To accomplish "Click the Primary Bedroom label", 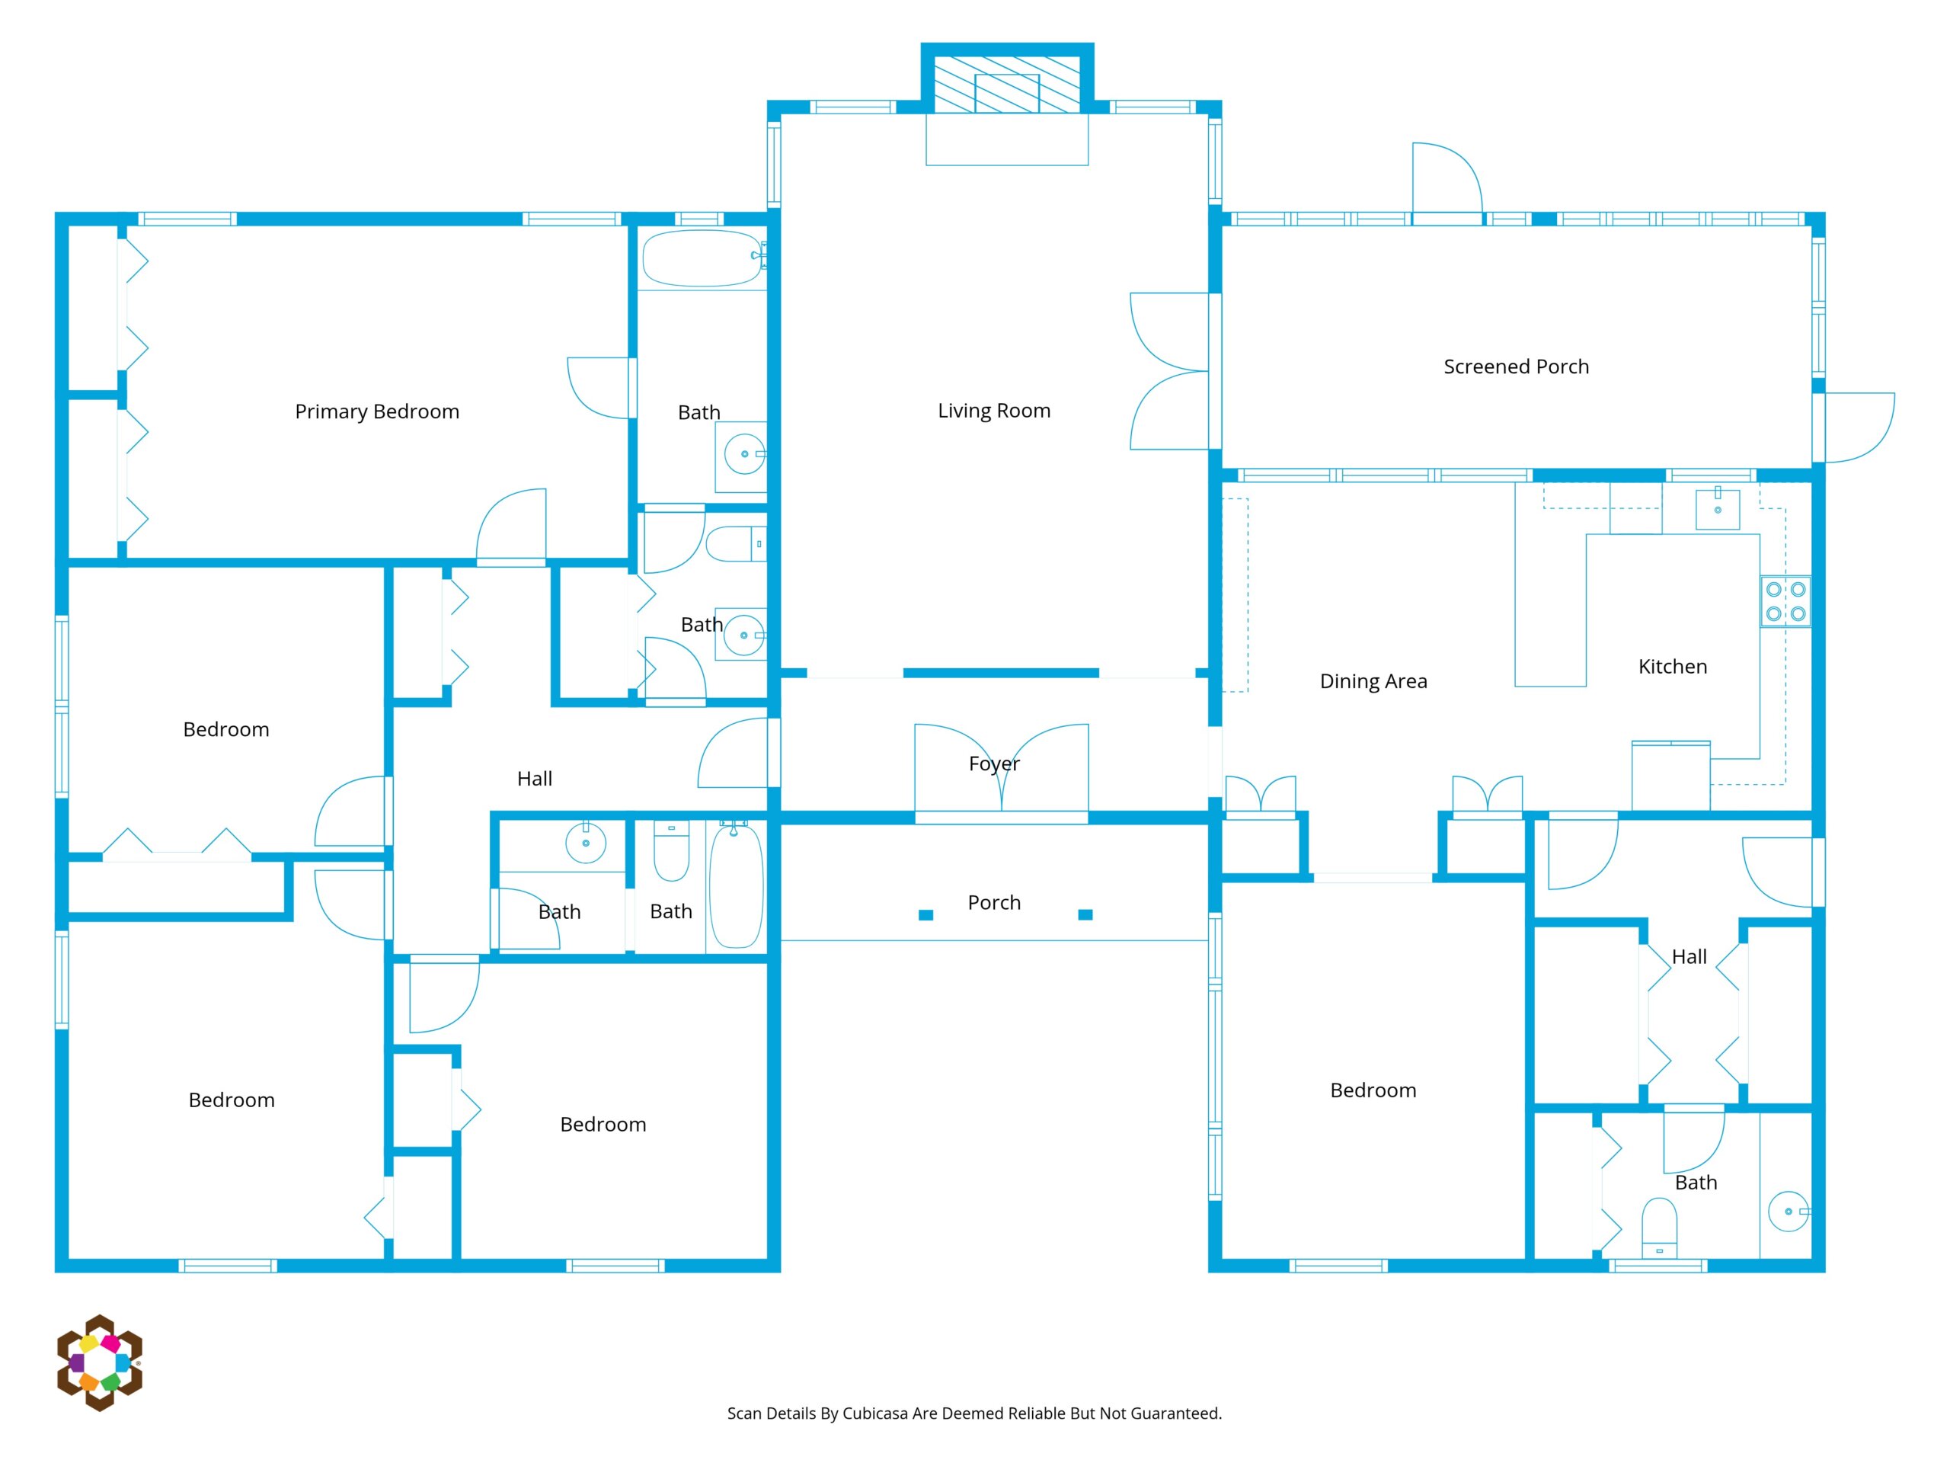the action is tap(376, 411).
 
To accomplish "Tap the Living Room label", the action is tap(993, 411).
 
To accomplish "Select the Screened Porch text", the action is tap(1517, 367).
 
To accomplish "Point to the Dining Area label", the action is tap(1373, 680).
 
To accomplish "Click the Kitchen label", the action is tap(1672, 667).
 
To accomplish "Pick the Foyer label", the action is tap(993, 764).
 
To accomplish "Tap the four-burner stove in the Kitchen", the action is tap(1785, 601).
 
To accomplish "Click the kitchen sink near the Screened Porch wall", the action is tap(1717, 510).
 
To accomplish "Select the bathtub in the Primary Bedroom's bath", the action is tap(702, 258).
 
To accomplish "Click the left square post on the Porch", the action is tap(925, 914).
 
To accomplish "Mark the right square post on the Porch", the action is tap(1085, 914).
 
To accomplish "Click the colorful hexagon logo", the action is tap(100, 1362).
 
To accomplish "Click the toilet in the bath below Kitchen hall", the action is tap(1659, 1228).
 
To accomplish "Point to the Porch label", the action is tap(993, 902).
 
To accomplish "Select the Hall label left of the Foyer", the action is tap(534, 779).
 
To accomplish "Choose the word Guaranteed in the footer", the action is tap(1175, 1413).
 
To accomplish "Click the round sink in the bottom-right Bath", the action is tap(1788, 1212).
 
